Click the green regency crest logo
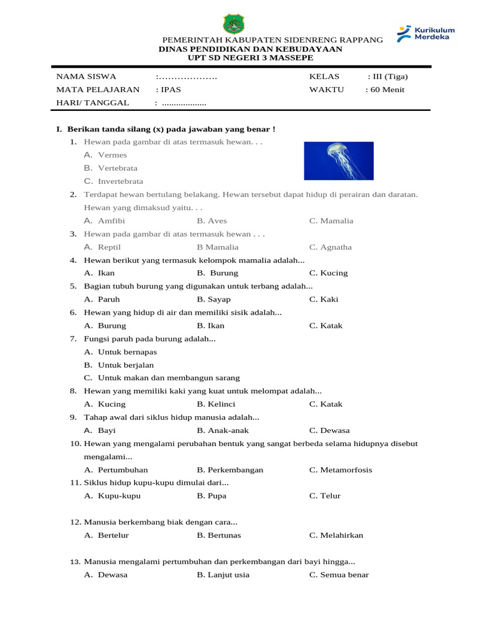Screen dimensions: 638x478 point(233,24)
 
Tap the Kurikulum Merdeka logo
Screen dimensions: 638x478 point(426,34)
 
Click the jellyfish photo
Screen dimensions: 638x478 point(339,161)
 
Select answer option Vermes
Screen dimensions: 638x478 point(112,155)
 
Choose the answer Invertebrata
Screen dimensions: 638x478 point(120,181)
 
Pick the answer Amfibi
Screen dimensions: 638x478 point(111,221)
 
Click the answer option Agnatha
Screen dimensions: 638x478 point(335,247)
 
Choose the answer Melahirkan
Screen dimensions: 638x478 point(341,535)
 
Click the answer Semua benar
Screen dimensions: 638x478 point(344,574)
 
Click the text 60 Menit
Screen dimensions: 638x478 point(387,90)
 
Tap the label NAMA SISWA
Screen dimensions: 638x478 point(87,77)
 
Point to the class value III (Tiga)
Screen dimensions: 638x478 point(390,77)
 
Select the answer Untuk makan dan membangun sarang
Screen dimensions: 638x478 point(168,378)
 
